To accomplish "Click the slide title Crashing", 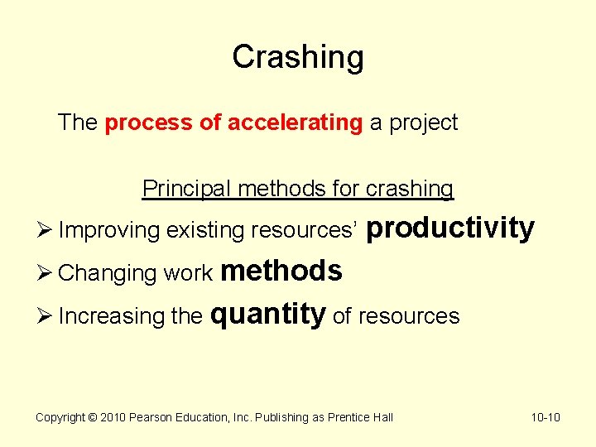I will click(x=297, y=57).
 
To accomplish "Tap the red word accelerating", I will click(x=295, y=123).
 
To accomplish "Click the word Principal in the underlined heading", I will click(x=187, y=189).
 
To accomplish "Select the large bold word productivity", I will click(x=449, y=228).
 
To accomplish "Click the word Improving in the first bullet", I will click(x=110, y=231).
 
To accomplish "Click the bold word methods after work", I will click(x=281, y=272).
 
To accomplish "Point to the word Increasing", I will click(x=113, y=317).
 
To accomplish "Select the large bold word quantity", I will click(x=269, y=315).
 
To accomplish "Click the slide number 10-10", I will click(x=545, y=417).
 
